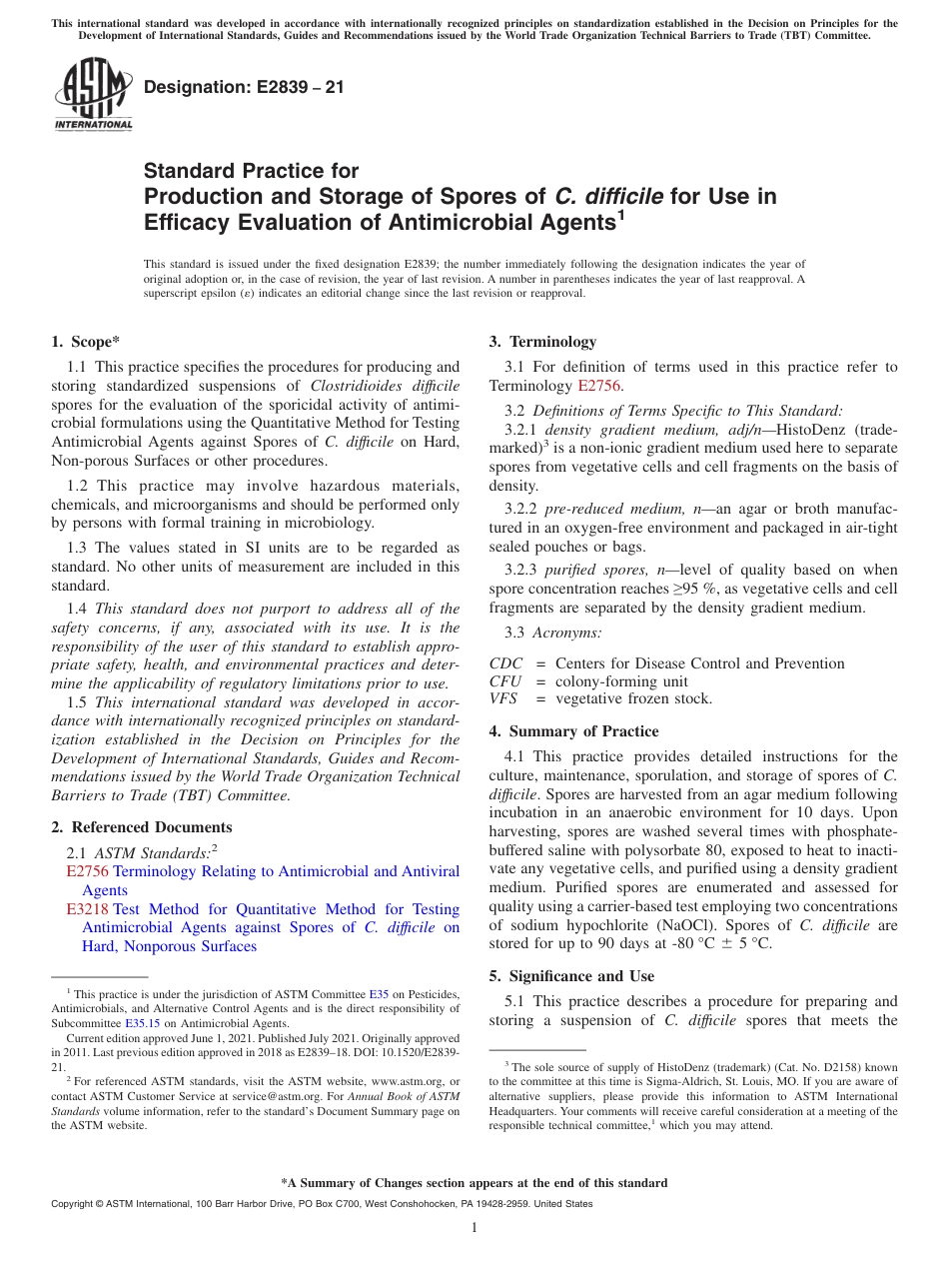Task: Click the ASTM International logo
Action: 92,95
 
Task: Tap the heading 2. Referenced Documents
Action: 142,827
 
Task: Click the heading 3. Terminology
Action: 542,342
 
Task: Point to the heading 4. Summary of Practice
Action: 573,731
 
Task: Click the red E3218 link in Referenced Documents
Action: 87,909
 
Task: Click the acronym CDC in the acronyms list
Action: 505,663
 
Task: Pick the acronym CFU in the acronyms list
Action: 505,681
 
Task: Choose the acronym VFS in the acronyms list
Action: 504,698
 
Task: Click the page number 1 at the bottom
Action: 474,1227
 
